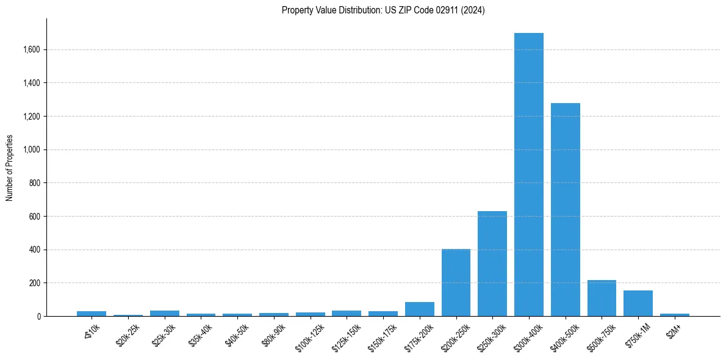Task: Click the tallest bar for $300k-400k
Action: point(528,175)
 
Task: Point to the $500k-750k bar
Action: point(602,298)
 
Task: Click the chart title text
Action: point(383,10)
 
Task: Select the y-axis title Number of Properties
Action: point(10,168)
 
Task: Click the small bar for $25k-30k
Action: point(164,314)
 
